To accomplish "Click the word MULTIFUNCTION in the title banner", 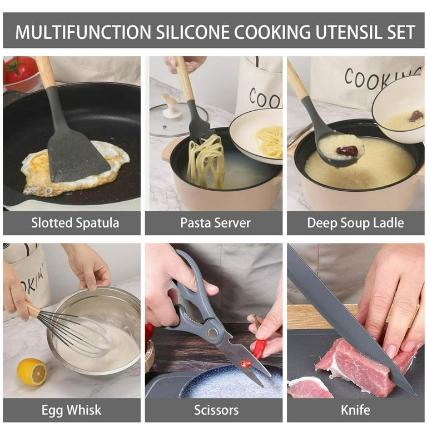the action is (83, 32).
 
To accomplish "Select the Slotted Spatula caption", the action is (75, 223).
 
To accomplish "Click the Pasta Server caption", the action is (215, 223).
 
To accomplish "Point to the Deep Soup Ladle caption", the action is (355, 223).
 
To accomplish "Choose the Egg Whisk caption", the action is (71, 410).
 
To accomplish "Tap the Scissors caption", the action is (216, 410).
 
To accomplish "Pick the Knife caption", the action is (355, 410).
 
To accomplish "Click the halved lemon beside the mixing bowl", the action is (32, 372).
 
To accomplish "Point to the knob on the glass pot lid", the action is (170, 106).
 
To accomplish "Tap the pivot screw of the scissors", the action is (212, 333).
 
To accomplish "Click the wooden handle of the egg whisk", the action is (33, 310).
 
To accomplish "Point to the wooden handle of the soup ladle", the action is (298, 79).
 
